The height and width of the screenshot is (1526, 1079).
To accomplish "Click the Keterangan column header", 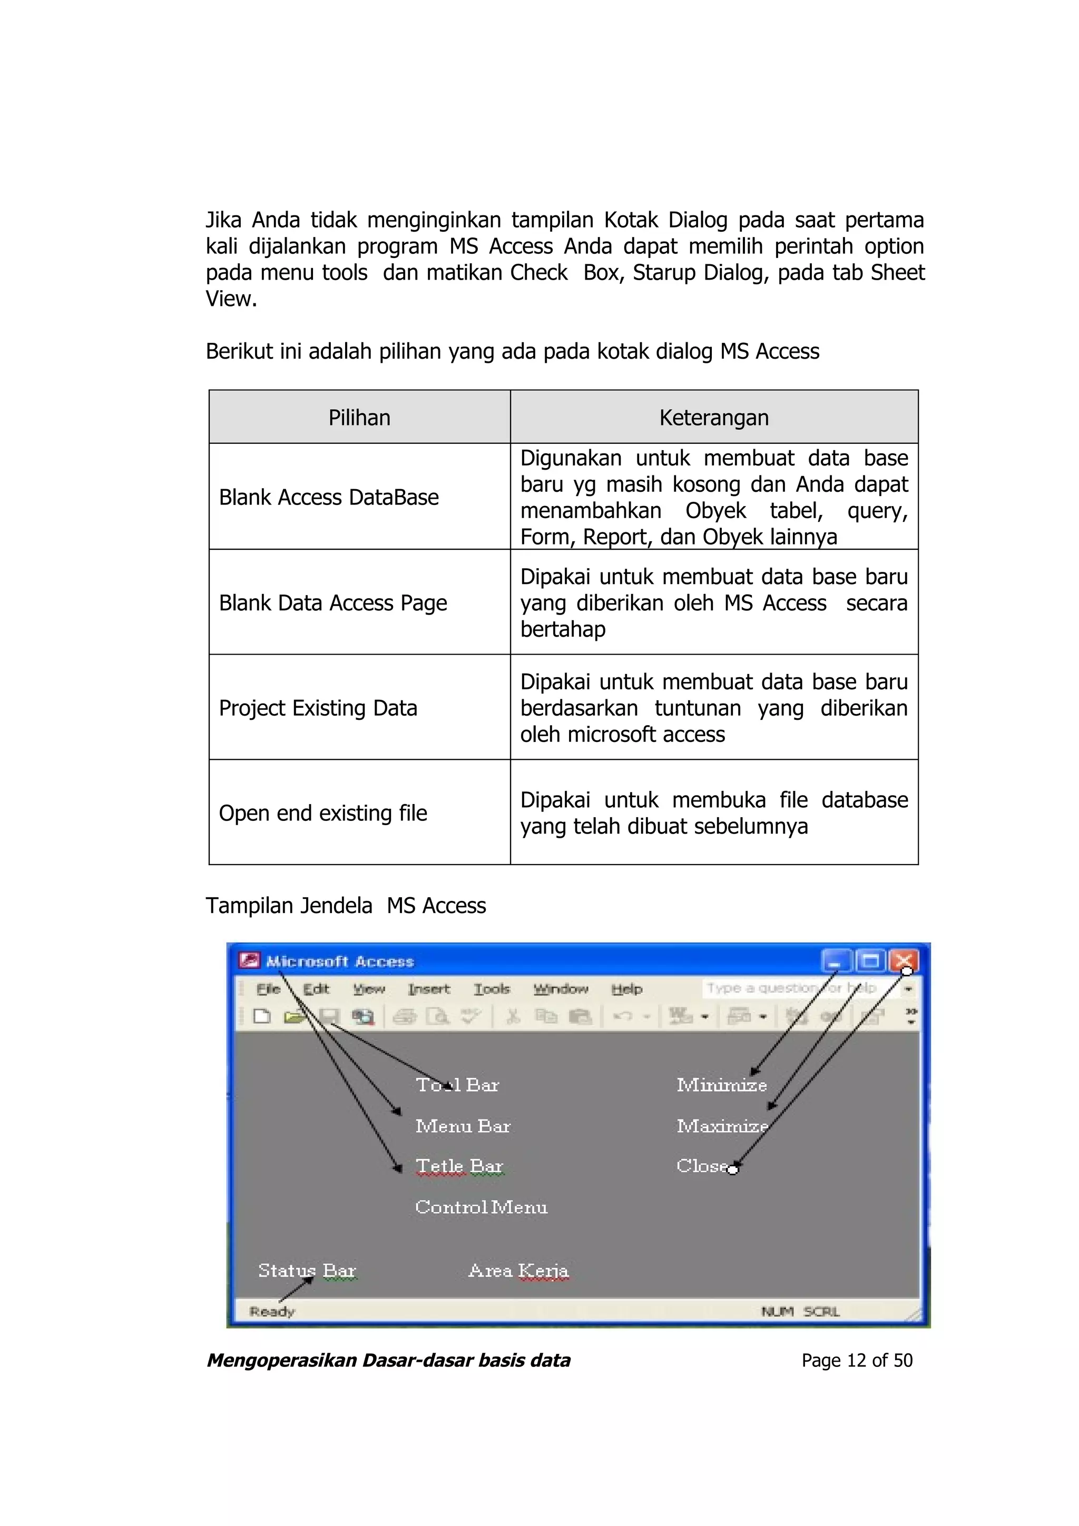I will point(713,418).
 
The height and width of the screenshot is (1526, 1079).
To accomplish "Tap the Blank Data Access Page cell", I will point(332,603).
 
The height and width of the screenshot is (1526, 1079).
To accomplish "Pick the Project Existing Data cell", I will point(318,708).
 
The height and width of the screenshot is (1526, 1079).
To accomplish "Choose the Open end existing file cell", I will point(322,813).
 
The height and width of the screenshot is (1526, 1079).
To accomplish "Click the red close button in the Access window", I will point(904,960).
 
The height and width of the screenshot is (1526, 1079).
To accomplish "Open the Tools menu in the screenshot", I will point(492,989).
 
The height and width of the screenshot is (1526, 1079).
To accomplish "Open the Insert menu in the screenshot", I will point(429,989).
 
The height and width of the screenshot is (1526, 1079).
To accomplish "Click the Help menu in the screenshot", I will point(626,989).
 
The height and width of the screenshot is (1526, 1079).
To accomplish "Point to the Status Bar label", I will point(307,1270).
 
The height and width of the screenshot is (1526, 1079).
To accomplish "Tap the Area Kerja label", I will point(518,1270).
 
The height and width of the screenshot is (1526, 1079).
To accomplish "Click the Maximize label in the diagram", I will point(722,1126).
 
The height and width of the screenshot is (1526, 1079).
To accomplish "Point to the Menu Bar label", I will point(463,1126).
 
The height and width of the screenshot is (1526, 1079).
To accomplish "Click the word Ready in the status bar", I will point(272,1311).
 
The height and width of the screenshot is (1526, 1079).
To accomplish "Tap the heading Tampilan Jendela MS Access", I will point(346,905).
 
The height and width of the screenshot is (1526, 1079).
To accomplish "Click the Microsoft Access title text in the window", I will point(339,961).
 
